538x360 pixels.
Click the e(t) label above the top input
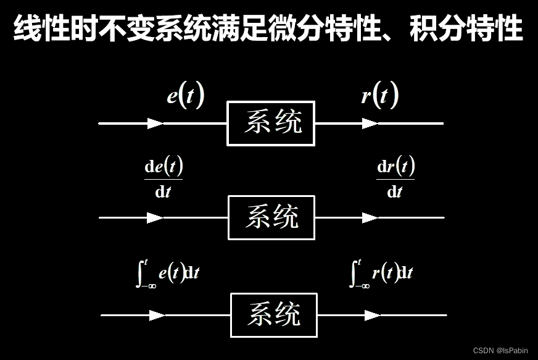[x=185, y=96]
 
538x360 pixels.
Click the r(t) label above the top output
[x=379, y=96]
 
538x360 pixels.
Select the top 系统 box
[x=271, y=123]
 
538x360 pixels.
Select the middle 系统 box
[x=271, y=217]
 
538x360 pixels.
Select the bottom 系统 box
[x=274, y=315]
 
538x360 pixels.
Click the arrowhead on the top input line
[x=155, y=123]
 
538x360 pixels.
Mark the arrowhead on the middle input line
[x=155, y=217]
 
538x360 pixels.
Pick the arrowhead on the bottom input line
[x=157, y=315]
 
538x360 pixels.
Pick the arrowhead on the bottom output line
[x=372, y=315]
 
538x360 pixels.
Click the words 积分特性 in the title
[x=467, y=29]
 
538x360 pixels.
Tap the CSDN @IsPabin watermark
[x=500, y=351]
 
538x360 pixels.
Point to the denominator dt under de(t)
[x=163, y=191]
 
